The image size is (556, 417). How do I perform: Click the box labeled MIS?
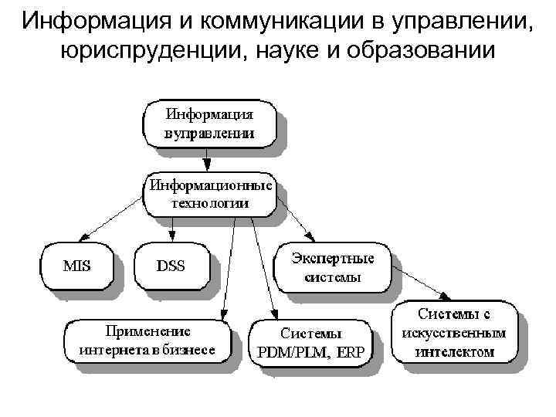point(76,266)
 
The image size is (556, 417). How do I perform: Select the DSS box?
point(171,266)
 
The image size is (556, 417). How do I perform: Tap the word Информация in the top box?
point(209,113)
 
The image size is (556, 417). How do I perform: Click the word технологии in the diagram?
point(209,203)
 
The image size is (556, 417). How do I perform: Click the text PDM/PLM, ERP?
point(311,351)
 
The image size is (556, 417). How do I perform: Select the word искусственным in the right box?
point(454,334)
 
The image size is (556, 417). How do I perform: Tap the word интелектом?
point(454,351)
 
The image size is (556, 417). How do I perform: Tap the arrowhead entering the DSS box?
point(173,236)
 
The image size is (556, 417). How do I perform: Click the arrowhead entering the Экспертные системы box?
point(313,236)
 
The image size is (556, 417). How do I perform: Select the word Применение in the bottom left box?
point(146,331)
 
